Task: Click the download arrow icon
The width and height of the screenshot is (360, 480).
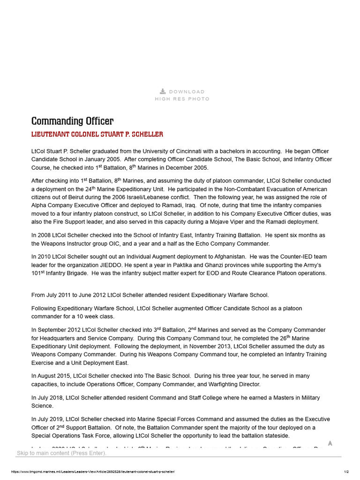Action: (163, 91)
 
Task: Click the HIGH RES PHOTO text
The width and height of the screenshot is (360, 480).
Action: (182, 99)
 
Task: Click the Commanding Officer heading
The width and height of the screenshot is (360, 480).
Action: (72, 121)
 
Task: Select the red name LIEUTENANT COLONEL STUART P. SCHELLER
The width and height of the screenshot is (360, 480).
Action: (97, 135)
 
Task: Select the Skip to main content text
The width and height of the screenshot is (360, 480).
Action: (61, 453)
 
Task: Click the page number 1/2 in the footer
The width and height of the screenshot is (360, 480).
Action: (346, 472)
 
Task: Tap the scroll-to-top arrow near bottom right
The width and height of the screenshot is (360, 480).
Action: (330, 443)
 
